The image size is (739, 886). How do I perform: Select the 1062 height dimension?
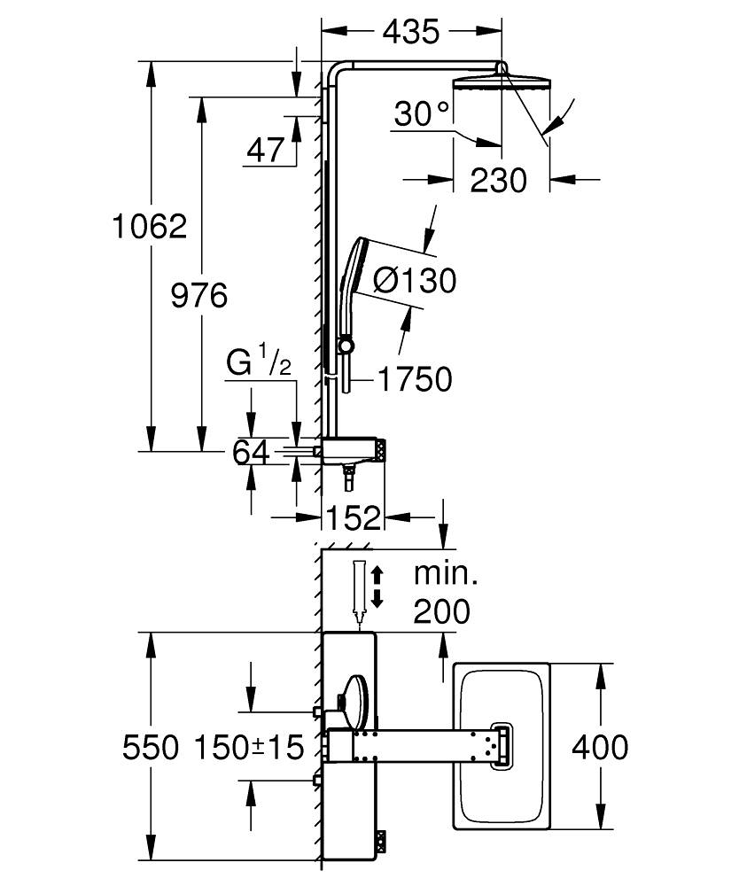pos(150,226)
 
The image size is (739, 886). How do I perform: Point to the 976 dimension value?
pos(199,295)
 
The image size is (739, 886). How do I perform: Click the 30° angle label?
pos(423,113)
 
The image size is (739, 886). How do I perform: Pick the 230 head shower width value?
pos(498,180)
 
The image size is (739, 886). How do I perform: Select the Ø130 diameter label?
pos(415,281)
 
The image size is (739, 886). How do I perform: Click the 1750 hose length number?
pos(415,379)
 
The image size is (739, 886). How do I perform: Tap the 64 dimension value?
pos(250,452)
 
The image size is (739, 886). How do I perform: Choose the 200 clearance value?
pos(441,610)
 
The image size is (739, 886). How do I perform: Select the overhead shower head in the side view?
pos(502,83)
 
